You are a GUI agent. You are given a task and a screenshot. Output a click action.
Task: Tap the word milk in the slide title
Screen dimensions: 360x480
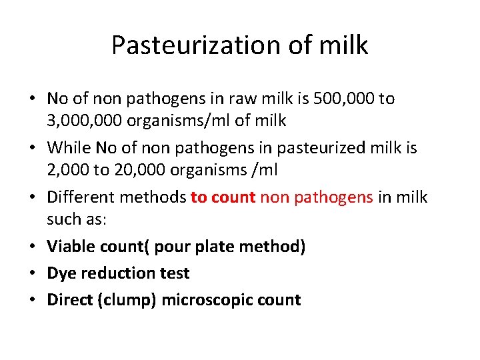343,45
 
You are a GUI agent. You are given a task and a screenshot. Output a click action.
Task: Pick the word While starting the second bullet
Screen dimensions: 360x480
69,147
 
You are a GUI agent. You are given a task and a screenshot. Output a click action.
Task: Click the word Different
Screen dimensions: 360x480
83,197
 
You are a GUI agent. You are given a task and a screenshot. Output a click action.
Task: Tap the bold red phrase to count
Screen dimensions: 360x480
223,197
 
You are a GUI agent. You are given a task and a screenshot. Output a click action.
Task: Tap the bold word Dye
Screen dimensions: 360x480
60,273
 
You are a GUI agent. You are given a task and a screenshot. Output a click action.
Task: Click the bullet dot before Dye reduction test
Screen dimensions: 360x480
33,273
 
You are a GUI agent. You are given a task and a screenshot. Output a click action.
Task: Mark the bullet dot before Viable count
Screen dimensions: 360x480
33,247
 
